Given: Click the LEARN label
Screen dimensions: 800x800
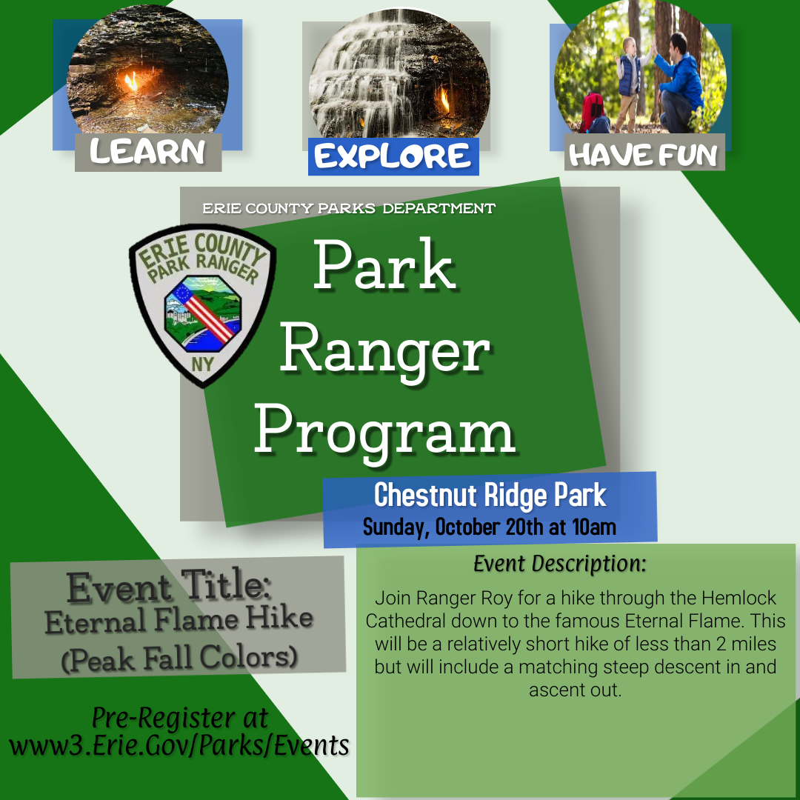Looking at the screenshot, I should tap(147, 152).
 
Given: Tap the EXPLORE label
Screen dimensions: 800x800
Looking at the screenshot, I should tap(393, 156).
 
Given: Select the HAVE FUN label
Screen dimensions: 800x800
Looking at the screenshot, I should tap(643, 154).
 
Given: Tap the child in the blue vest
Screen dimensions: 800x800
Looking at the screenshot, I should tap(630, 78).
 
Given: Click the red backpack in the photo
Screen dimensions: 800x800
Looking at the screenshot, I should tap(593, 111).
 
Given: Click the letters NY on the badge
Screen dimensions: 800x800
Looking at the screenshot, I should tap(201, 364).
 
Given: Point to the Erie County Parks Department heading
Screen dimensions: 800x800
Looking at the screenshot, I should tap(349, 209).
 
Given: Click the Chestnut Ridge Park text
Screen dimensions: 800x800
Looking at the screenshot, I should tap(490, 495).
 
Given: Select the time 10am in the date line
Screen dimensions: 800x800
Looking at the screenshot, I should tap(593, 527).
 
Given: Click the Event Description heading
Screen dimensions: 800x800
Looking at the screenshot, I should tap(559, 564).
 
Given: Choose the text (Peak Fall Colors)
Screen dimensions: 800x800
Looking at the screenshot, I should tap(179, 658).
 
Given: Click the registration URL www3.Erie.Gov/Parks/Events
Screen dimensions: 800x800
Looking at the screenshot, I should tap(179, 744).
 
